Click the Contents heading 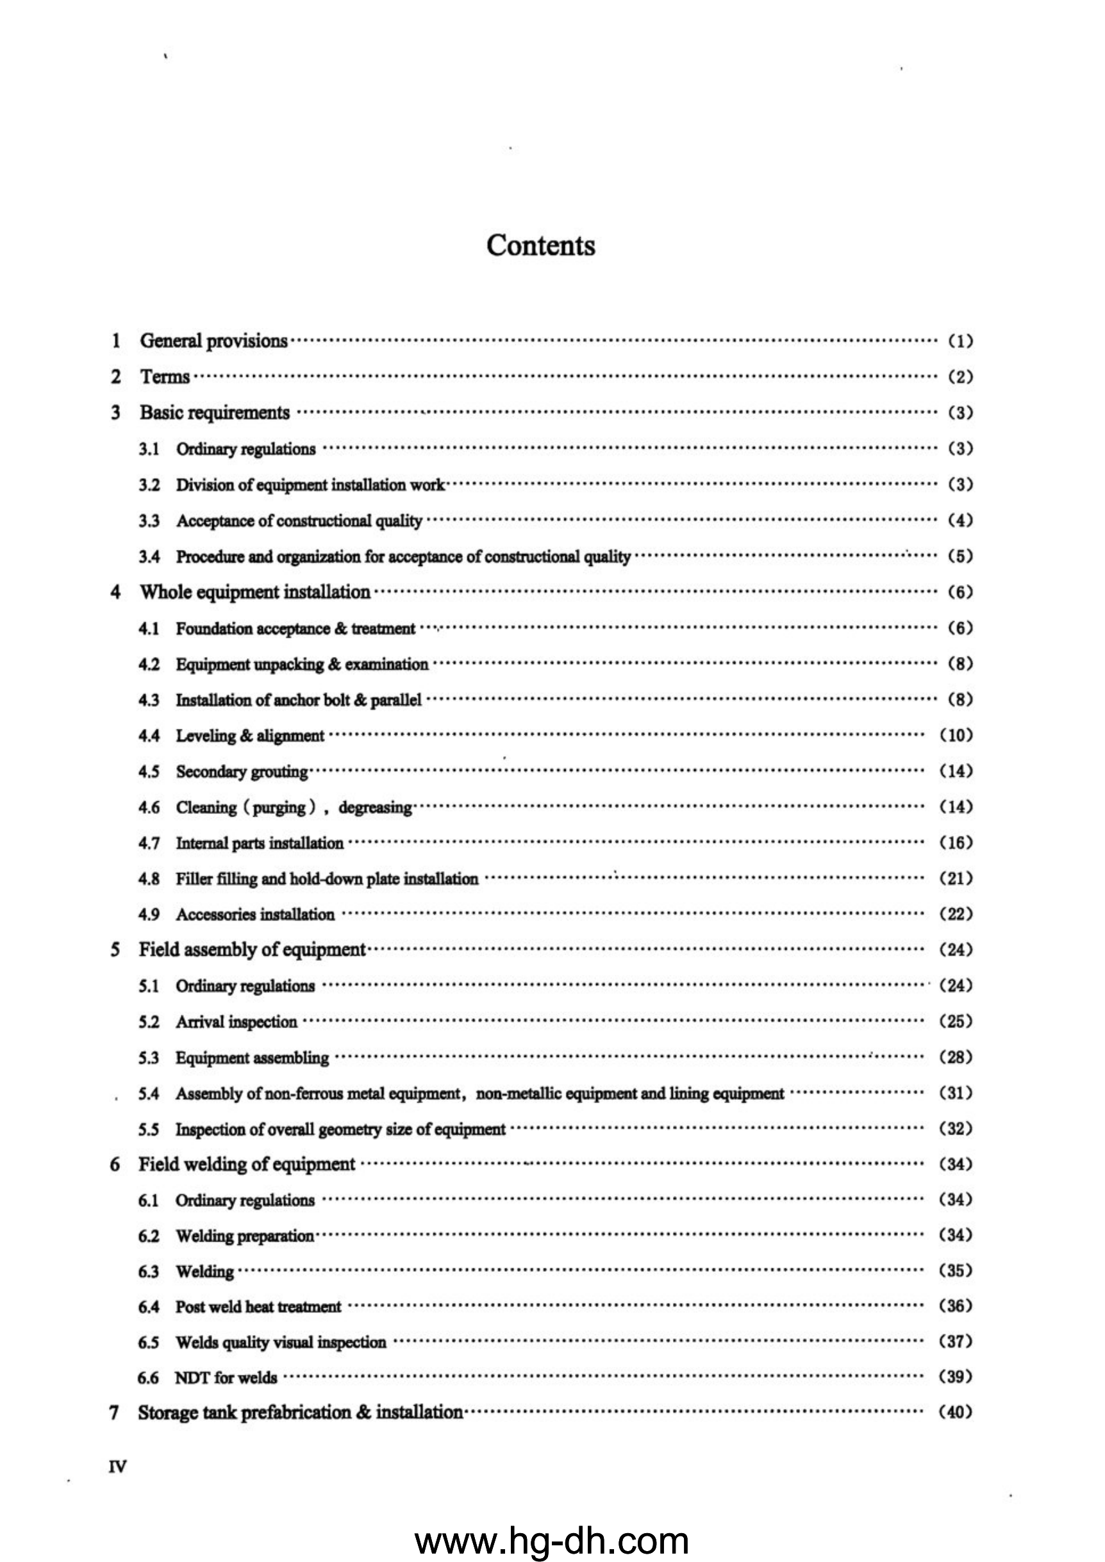click(540, 245)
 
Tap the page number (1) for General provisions click(960, 341)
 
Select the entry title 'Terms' click(165, 377)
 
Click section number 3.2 click(149, 485)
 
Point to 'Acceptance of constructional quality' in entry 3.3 click(299, 521)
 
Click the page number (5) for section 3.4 click(960, 556)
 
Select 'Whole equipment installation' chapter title click(255, 592)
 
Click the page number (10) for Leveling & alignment click(956, 735)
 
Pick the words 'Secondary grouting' click(242, 772)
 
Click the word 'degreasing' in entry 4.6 click(375, 808)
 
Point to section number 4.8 click(149, 879)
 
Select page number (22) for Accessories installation click(956, 915)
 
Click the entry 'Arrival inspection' click(237, 1022)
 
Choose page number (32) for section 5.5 click(956, 1129)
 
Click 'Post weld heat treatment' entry click(258, 1307)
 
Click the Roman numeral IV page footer click(117, 1466)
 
